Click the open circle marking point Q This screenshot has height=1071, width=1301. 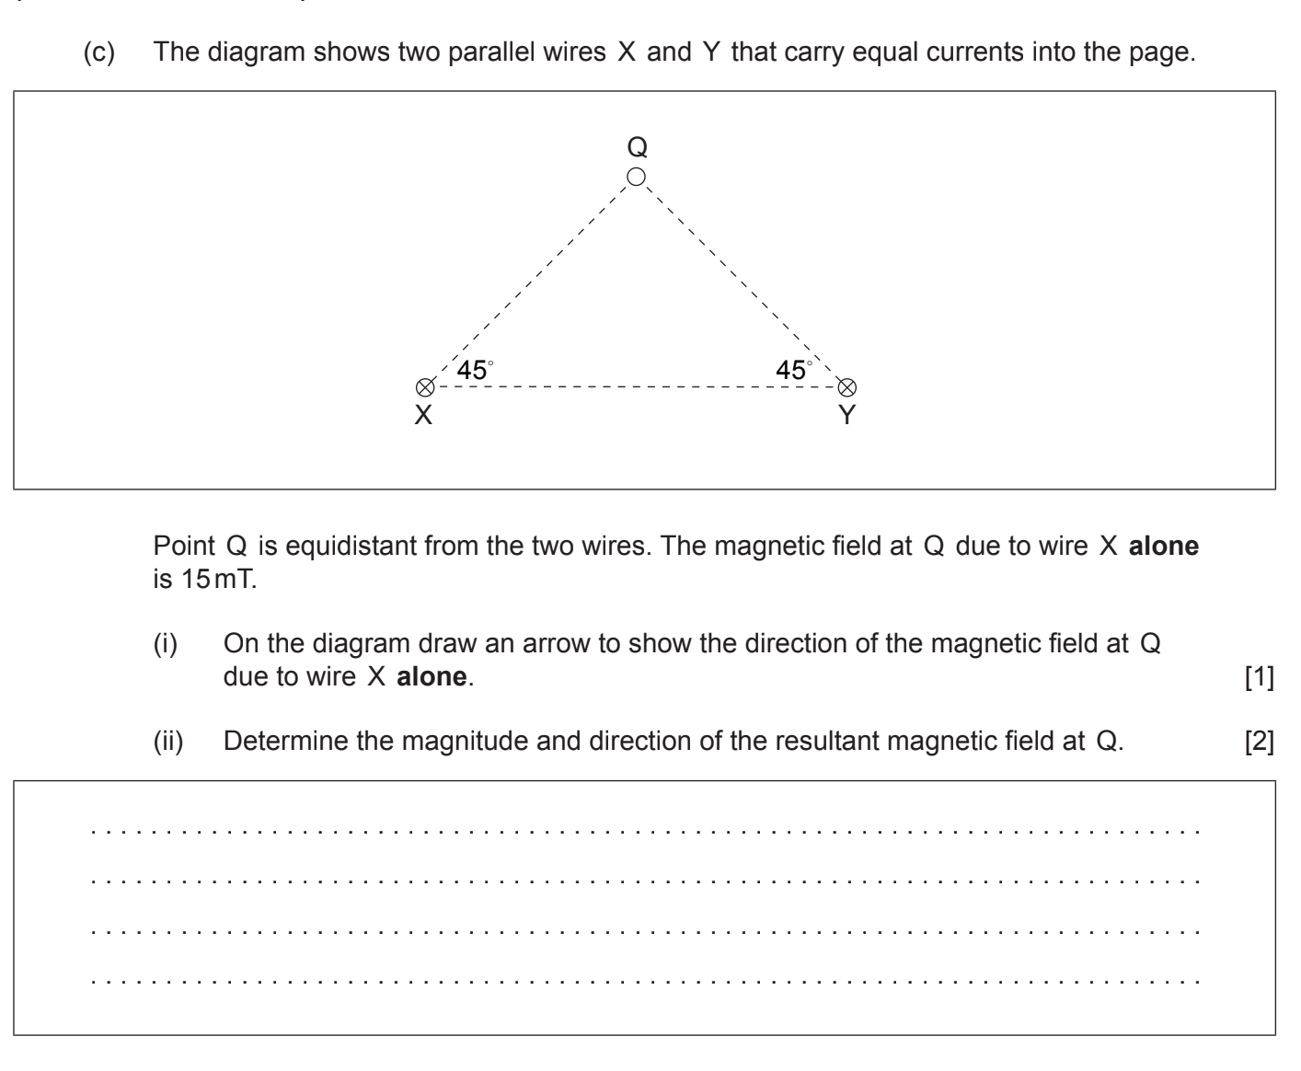coord(636,177)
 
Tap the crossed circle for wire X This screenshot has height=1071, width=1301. coord(424,387)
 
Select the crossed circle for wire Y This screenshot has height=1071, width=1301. coord(847,387)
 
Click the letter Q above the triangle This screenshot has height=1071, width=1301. coord(637,146)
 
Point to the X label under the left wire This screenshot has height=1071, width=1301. coord(423,416)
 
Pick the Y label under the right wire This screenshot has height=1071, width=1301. coord(847,416)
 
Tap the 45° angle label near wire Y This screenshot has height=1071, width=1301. coord(794,370)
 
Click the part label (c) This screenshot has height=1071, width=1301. coord(100,52)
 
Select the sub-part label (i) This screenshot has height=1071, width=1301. coord(167,643)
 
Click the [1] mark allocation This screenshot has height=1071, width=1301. coord(1259,677)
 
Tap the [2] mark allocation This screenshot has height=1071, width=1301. coord(1259,742)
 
